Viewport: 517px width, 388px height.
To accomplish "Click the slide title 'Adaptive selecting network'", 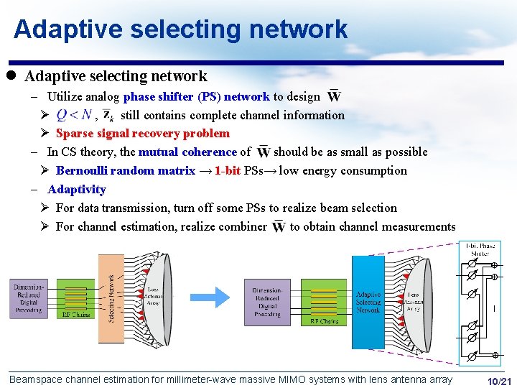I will point(180,29).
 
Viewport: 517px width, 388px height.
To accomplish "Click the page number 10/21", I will point(499,381).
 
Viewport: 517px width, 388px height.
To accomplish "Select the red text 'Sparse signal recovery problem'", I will point(142,134).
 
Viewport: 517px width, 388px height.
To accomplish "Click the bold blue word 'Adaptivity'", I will point(76,190).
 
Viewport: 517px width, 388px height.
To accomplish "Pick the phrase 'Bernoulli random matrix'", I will point(125,171).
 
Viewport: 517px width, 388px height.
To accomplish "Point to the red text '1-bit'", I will point(228,171).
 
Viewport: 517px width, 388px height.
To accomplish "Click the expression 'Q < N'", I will point(74,115).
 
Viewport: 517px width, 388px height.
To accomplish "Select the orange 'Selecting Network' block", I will point(111,297).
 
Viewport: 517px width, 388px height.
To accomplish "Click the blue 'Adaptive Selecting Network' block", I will point(368,302).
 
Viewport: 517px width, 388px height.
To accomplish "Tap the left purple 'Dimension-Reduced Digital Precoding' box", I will point(29,299).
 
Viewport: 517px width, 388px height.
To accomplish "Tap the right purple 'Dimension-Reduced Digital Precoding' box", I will point(267,302).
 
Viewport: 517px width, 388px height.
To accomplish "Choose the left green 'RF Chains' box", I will point(76,298).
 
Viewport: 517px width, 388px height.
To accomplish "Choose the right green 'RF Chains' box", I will point(324,302).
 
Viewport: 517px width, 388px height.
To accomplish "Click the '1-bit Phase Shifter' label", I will point(480,249).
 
